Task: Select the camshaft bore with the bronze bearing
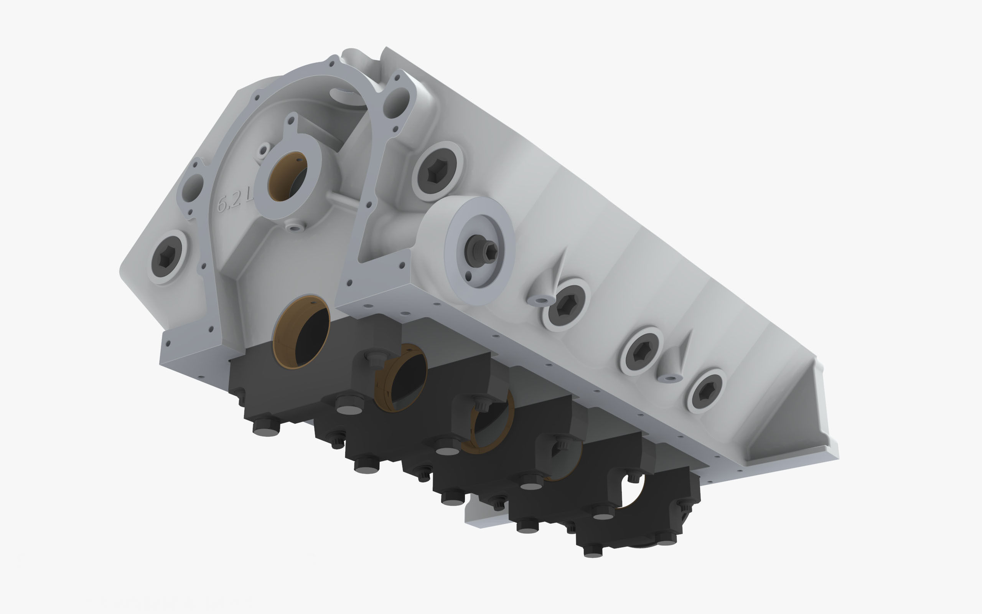[x=287, y=177]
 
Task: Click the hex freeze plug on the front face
[x=166, y=257]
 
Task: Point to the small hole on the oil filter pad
[x=469, y=277]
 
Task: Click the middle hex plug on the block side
[x=641, y=351]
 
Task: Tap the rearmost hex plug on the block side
[x=706, y=391]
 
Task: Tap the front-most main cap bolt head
[x=266, y=428]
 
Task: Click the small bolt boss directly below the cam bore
[x=295, y=226]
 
